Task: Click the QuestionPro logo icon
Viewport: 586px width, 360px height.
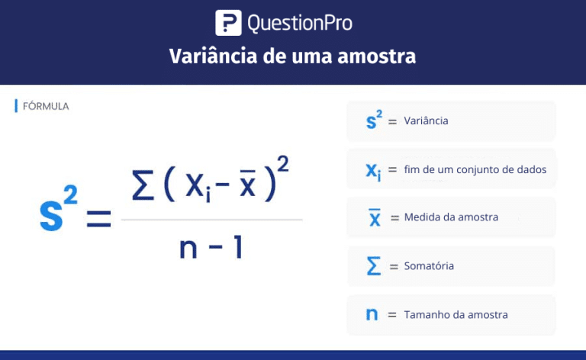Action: tap(228, 23)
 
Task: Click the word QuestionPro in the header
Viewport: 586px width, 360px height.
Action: tap(300, 23)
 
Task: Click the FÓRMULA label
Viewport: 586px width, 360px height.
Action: tap(46, 106)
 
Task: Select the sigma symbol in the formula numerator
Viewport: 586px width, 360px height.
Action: tap(144, 187)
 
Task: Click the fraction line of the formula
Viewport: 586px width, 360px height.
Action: tap(211, 220)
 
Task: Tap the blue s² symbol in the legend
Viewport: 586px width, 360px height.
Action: tap(374, 121)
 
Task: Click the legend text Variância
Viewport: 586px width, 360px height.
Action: tap(426, 121)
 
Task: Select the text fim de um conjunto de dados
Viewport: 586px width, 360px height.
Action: tap(475, 169)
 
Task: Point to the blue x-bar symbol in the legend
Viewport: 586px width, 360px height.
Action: tap(375, 217)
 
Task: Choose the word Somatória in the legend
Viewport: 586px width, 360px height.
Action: tap(429, 266)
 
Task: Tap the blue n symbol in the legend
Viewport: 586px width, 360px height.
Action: tap(372, 315)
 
